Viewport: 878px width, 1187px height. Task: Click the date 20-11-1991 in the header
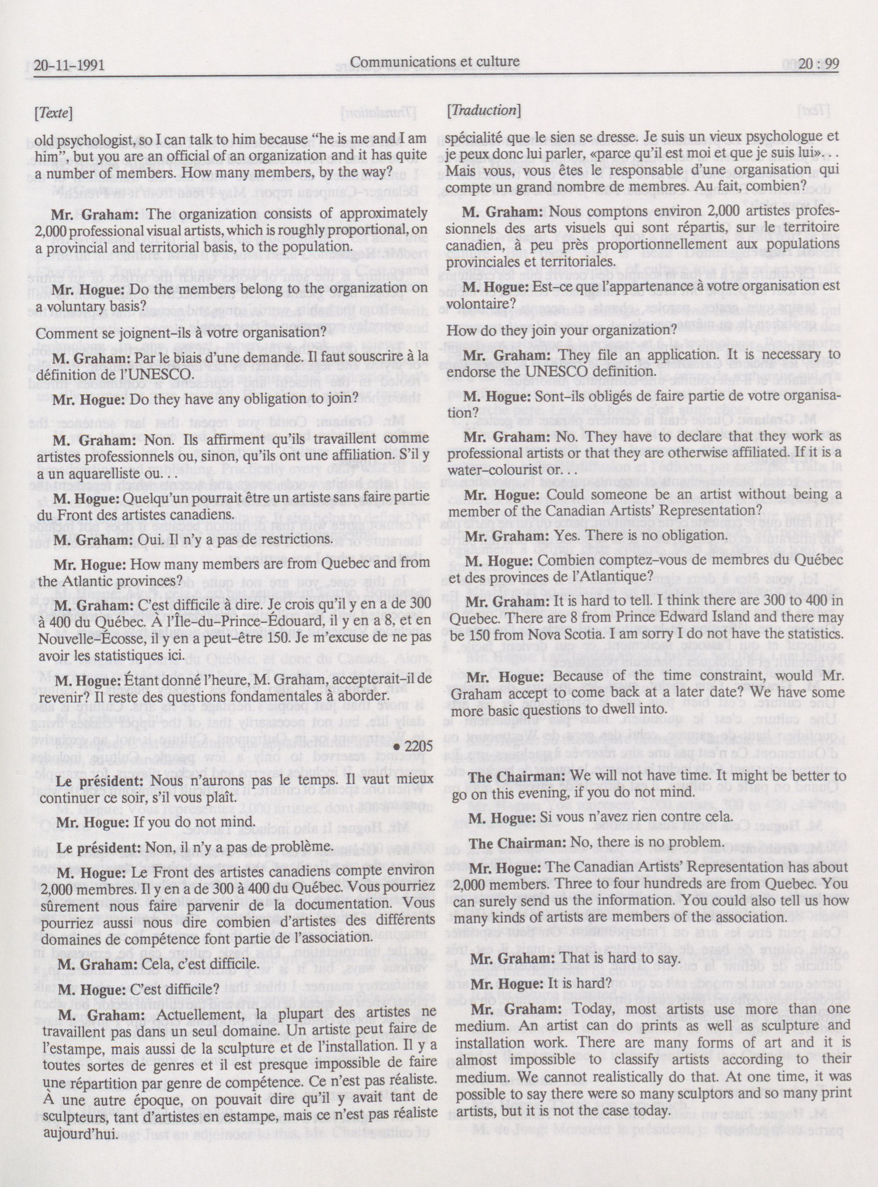(69, 65)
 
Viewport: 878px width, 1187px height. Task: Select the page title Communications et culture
(435, 62)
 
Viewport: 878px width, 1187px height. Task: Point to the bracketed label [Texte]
(53, 113)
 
